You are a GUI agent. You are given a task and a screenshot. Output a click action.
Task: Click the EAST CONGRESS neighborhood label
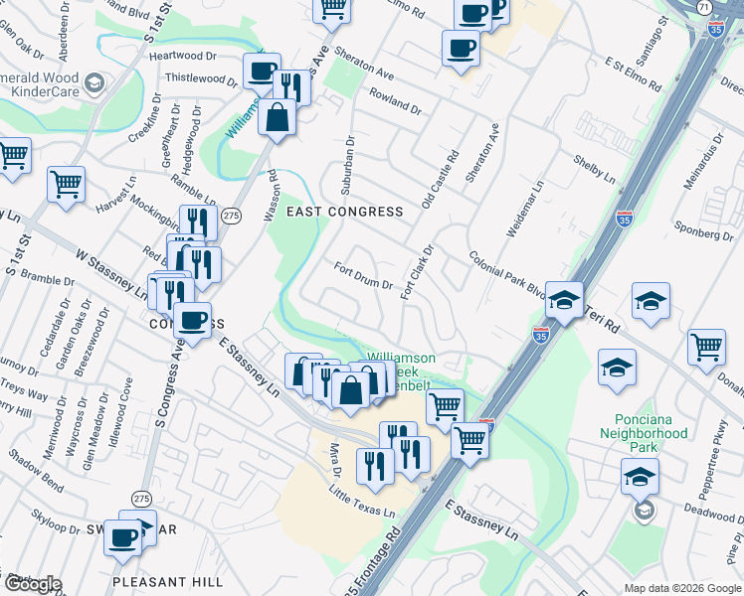click(344, 212)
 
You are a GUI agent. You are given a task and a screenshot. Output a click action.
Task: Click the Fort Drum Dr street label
click(363, 277)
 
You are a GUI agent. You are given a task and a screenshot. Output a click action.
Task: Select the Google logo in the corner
click(32, 584)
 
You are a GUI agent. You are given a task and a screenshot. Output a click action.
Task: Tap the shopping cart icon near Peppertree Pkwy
click(706, 349)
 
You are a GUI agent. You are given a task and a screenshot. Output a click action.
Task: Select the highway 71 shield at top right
click(704, 7)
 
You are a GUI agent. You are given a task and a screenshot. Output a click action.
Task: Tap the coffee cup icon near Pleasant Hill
click(123, 538)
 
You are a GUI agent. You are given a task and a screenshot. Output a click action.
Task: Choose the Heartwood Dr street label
click(183, 57)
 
